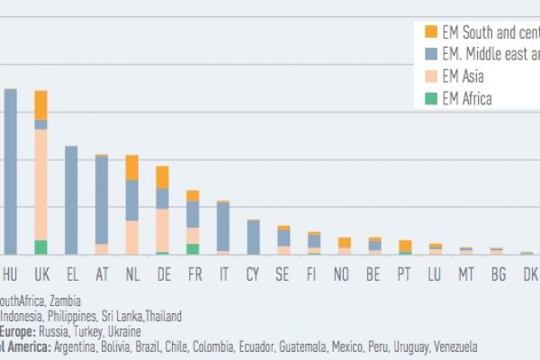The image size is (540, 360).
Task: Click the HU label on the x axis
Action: coord(11,272)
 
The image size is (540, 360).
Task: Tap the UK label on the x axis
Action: coord(41,272)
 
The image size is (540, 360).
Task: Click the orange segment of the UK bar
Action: coord(40,104)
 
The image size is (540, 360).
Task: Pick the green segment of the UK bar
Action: coord(40,247)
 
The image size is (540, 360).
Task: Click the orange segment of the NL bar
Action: coord(132,167)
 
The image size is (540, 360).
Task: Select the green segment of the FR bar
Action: coord(193,249)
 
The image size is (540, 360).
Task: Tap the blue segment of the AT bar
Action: coord(102,199)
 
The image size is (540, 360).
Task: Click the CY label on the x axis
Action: coord(253,272)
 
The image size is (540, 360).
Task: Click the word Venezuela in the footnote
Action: coord(449,346)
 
